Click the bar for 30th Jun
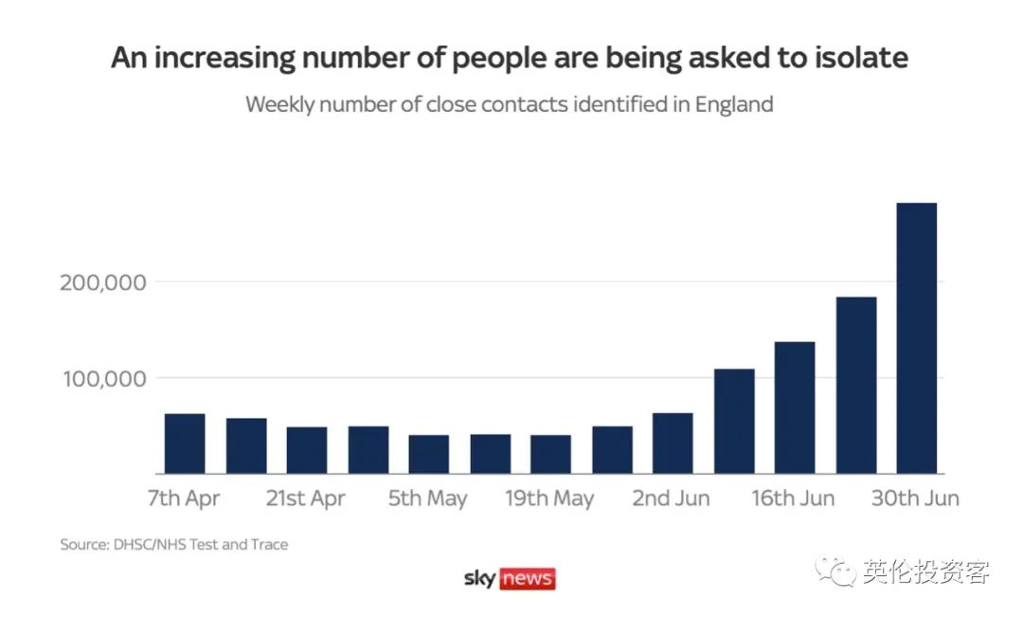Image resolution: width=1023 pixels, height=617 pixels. click(x=916, y=338)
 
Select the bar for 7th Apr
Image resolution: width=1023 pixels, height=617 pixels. click(x=185, y=444)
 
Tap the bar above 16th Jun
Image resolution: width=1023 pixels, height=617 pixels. click(x=795, y=408)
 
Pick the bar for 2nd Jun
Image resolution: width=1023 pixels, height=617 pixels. click(x=673, y=444)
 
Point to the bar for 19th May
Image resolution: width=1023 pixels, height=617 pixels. click(x=550, y=454)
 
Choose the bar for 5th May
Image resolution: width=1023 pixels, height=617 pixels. click(x=429, y=454)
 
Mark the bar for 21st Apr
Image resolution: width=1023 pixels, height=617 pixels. click(x=307, y=450)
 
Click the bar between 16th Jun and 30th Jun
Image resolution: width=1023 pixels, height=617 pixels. click(x=855, y=385)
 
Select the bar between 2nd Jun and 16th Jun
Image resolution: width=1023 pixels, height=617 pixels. click(x=734, y=421)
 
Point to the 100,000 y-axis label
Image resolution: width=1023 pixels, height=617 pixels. click(x=106, y=379)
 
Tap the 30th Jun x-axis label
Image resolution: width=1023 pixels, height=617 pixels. click(x=915, y=499)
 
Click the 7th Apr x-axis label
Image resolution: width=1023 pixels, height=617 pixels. click(x=184, y=499)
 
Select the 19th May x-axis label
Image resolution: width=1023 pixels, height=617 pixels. click(x=549, y=499)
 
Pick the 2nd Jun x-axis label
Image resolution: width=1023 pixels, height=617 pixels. click(x=671, y=499)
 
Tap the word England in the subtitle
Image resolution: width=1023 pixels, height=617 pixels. click(x=734, y=104)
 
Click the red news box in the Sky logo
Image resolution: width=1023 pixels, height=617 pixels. click(x=527, y=578)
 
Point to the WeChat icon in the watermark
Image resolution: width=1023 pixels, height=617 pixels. click(x=836, y=572)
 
